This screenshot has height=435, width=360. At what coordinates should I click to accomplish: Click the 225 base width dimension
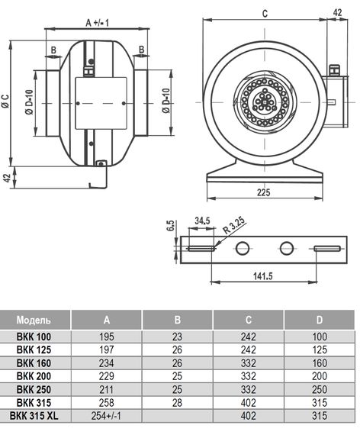[263, 192]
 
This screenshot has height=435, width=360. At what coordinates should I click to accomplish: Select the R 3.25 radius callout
[234, 225]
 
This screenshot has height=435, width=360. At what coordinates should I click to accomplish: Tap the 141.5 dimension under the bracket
[263, 275]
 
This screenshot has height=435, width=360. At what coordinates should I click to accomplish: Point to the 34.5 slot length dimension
[202, 221]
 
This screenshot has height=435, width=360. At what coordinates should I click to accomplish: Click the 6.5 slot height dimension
[171, 226]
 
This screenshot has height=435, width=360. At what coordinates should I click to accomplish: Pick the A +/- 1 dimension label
[98, 23]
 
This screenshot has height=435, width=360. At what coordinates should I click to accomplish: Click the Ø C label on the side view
[5, 101]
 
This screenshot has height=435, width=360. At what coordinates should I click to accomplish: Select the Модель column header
[34, 320]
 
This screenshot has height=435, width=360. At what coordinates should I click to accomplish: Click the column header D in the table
[320, 320]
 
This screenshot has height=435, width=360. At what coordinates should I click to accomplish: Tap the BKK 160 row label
[34, 362]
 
